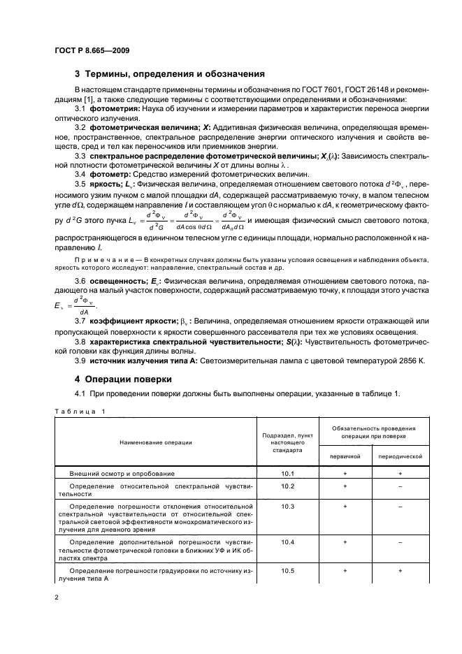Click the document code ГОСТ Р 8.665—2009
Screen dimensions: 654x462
pyautogui.click(x=91, y=50)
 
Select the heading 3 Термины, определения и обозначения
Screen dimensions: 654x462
pyautogui.click(x=168, y=74)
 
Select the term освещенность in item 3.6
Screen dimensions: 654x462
pyautogui.click(x=119, y=279)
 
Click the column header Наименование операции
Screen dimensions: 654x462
pyautogui.click(x=156, y=442)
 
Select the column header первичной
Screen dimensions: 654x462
pyautogui.click(x=345, y=456)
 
